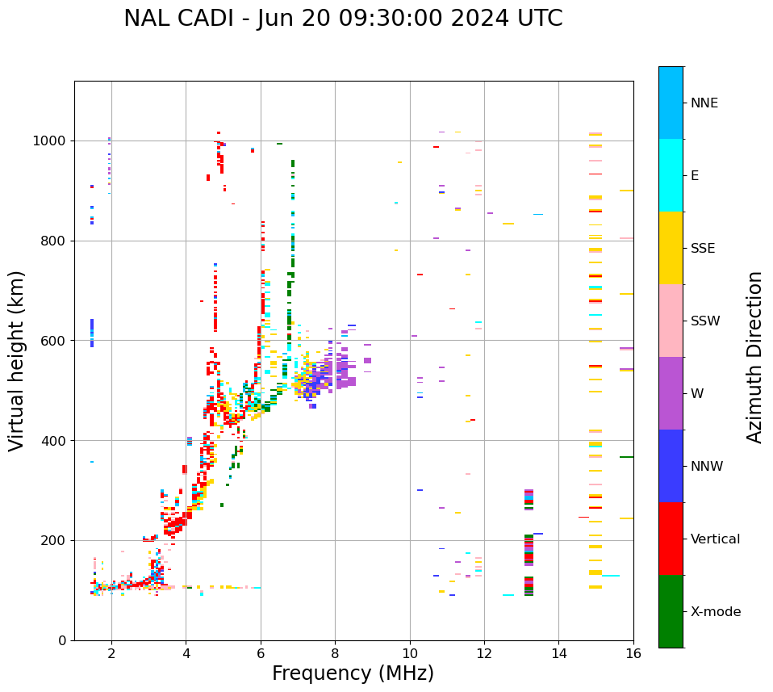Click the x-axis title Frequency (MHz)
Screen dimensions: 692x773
click(353, 673)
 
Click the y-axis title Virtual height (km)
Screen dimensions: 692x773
click(17, 360)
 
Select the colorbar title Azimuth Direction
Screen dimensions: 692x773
click(754, 357)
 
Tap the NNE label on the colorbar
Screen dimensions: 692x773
click(704, 103)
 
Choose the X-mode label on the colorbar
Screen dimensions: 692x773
click(716, 612)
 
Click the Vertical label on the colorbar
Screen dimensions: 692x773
click(715, 539)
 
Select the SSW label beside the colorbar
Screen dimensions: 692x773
click(705, 321)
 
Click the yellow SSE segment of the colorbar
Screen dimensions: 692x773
click(671, 248)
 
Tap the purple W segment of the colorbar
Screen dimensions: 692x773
click(671, 393)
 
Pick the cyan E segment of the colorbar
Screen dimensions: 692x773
click(671, 175)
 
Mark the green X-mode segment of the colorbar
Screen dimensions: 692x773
click(671, 611)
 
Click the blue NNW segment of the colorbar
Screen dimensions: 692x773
click(671, 466)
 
